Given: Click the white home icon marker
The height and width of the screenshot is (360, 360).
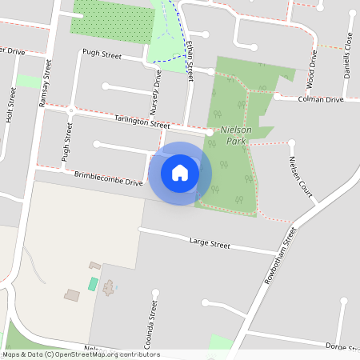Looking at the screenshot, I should pos(180,173).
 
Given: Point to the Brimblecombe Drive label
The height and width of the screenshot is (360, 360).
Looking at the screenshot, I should pos(108,178).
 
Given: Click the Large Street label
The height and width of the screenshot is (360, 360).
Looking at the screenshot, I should pos(210,242).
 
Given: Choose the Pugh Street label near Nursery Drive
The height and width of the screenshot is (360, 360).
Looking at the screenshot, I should pos(102,56).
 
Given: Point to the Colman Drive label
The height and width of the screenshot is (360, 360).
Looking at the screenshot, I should pos(321,100).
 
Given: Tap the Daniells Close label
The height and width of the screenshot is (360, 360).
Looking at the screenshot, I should pos(348,52).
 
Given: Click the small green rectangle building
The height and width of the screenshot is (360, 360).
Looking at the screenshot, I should pos(93,284).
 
